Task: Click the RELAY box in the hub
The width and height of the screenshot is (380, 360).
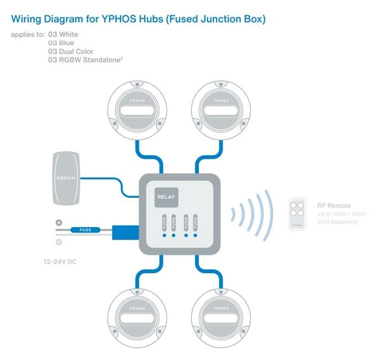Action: tap(167, 198)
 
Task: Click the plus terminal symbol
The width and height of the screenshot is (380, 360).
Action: tap(58, 222)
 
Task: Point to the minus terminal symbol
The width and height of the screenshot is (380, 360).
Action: tap(58, 242)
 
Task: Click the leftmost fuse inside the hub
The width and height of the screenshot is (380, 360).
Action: tap(164, 223)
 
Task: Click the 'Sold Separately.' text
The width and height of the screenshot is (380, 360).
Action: tap(338, 222)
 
